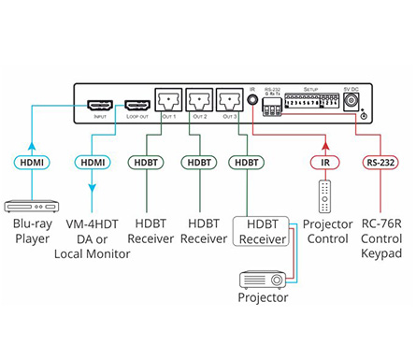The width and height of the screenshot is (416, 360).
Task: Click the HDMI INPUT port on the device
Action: pyautogui.click(x=99, y=105)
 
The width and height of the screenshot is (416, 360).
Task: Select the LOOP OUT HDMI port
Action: pyautogui.click(x=136, y=105)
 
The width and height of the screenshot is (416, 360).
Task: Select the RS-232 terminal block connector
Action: pyautogui.click(x=273, y=108)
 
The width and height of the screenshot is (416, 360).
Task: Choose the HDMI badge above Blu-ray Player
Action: pyautogui.click(x=33, y=162)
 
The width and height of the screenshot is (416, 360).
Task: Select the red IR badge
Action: pyautogui.click(x=323, y=162)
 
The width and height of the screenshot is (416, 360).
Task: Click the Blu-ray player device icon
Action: pyautogui.click(x=31, y=207)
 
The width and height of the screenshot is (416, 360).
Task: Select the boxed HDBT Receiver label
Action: pyautogui.click(x=263, y=233)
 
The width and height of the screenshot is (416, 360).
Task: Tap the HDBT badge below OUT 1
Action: pyautogui.click(x=148, y=162)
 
